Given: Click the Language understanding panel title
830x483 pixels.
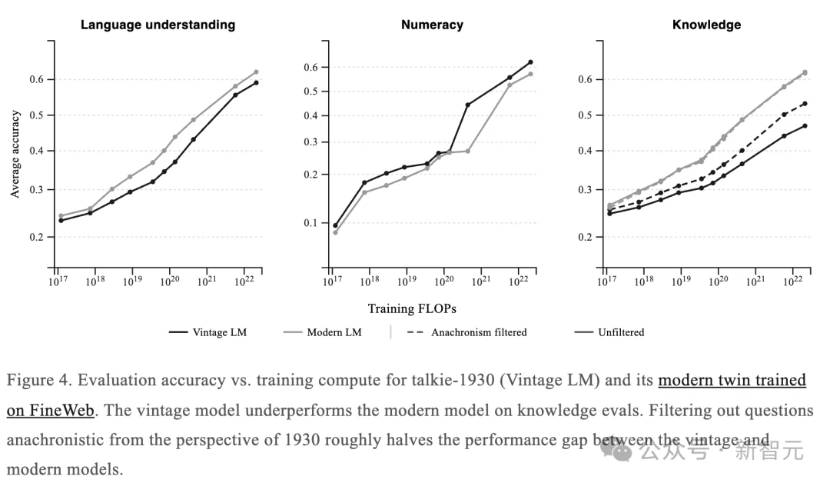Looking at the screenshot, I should (x=158, y=25).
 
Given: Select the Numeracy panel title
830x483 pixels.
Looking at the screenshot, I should (x=432, y=25).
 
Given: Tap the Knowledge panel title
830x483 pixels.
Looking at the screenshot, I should (x=706, y=25).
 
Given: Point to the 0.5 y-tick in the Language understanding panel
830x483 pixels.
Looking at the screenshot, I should (x=38, y=115).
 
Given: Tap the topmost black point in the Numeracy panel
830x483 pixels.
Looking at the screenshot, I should (x=530, y=62).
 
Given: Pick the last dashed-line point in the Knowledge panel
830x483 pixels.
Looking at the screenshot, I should (x=805, y=103).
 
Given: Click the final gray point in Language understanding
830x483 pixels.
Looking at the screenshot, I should (x=256, y=72).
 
